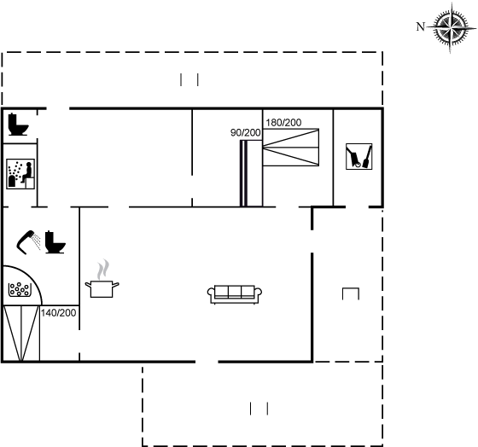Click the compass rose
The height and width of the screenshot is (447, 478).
451,27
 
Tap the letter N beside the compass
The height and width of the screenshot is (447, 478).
420,26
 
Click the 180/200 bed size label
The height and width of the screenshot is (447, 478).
283,123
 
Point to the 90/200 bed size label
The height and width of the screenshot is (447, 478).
246,132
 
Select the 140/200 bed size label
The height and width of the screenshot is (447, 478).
59,313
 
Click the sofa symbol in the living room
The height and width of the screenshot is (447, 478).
235,294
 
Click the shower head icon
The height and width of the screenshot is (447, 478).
28,241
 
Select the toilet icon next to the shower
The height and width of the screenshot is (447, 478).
55,242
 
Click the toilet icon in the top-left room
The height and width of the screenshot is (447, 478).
18,125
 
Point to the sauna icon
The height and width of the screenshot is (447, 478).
20,174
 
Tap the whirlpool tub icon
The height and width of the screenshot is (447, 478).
20,289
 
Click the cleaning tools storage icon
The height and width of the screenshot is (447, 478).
359,157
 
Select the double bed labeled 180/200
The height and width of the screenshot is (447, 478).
291,148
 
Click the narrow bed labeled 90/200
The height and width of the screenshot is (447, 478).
251,173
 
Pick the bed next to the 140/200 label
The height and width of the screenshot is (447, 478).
21,333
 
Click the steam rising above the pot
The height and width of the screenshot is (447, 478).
103,270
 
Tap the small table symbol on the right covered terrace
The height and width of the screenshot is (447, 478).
351,293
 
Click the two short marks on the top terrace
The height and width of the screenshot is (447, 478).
189,80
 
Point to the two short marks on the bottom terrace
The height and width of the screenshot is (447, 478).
259,409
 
